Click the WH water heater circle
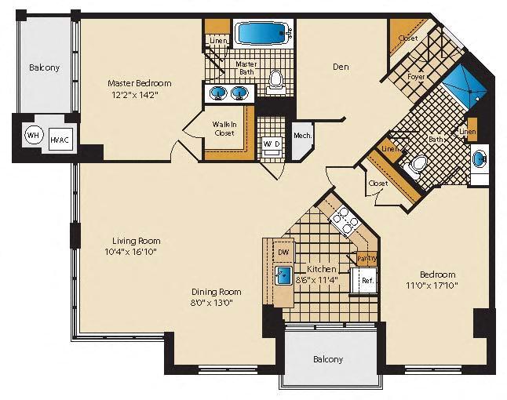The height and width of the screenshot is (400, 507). click(x=33, y=134)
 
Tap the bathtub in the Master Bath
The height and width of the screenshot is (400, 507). click(x=263, y=34)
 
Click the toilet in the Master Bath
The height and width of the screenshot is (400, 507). click(x=275, y=78)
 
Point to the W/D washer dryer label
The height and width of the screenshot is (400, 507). click(x=271, y=144)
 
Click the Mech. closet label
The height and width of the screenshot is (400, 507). click(x=302, y=136)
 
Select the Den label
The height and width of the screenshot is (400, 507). click(x=340, y=67)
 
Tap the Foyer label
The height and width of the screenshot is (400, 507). click(x=416, y=76)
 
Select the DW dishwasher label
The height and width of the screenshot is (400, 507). click(x=283, y=252)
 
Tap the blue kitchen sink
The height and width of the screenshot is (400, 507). click(x=283, y=275)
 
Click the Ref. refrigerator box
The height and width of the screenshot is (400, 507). click(x=367, y=280)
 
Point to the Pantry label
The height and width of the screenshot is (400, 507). click(x=367, y=258)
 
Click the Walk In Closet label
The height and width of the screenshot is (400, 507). click(x=225, y=129)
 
